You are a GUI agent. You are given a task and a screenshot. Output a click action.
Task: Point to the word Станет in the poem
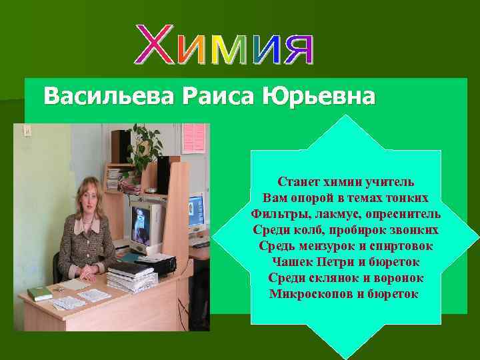pyautogui.click(x=299, y=182)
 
